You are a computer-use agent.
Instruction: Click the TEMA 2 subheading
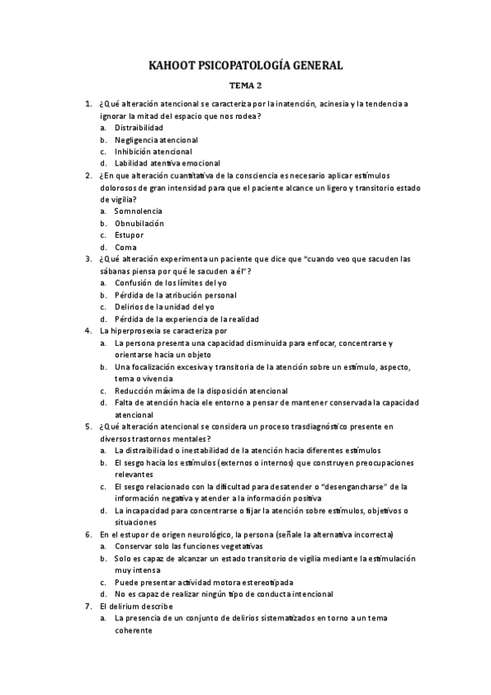tap(245, 85)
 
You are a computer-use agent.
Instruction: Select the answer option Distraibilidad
tap(139, 128)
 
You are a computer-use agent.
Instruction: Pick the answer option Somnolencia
tap(139, 211)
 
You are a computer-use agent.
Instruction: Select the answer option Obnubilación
tap(139, 223)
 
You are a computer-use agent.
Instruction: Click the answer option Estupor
tap(130, 235)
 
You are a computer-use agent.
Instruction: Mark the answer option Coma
tap(125, 248)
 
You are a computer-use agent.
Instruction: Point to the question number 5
tap(89, 426)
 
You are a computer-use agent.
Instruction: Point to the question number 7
tap(89, 606)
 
